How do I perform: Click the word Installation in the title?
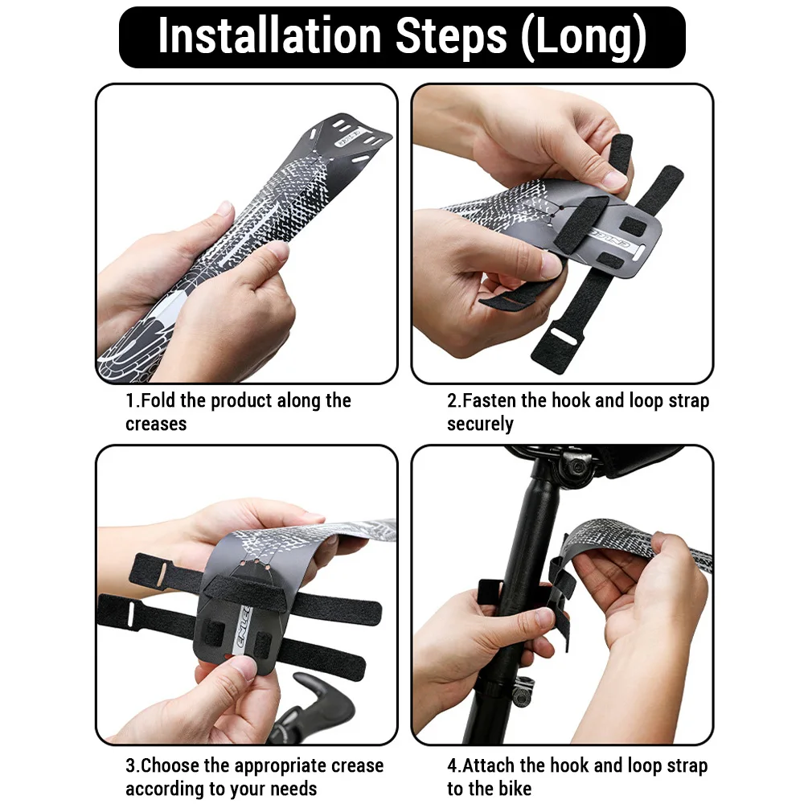[269, 36]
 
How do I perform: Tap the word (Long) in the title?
[583, 37]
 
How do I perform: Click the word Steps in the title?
[451, 37]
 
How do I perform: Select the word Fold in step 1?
[158, 400]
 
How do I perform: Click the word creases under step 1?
[156, 424]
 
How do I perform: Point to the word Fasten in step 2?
[489, 400]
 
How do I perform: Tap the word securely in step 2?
[480, 425]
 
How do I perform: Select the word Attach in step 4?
[489, 765]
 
